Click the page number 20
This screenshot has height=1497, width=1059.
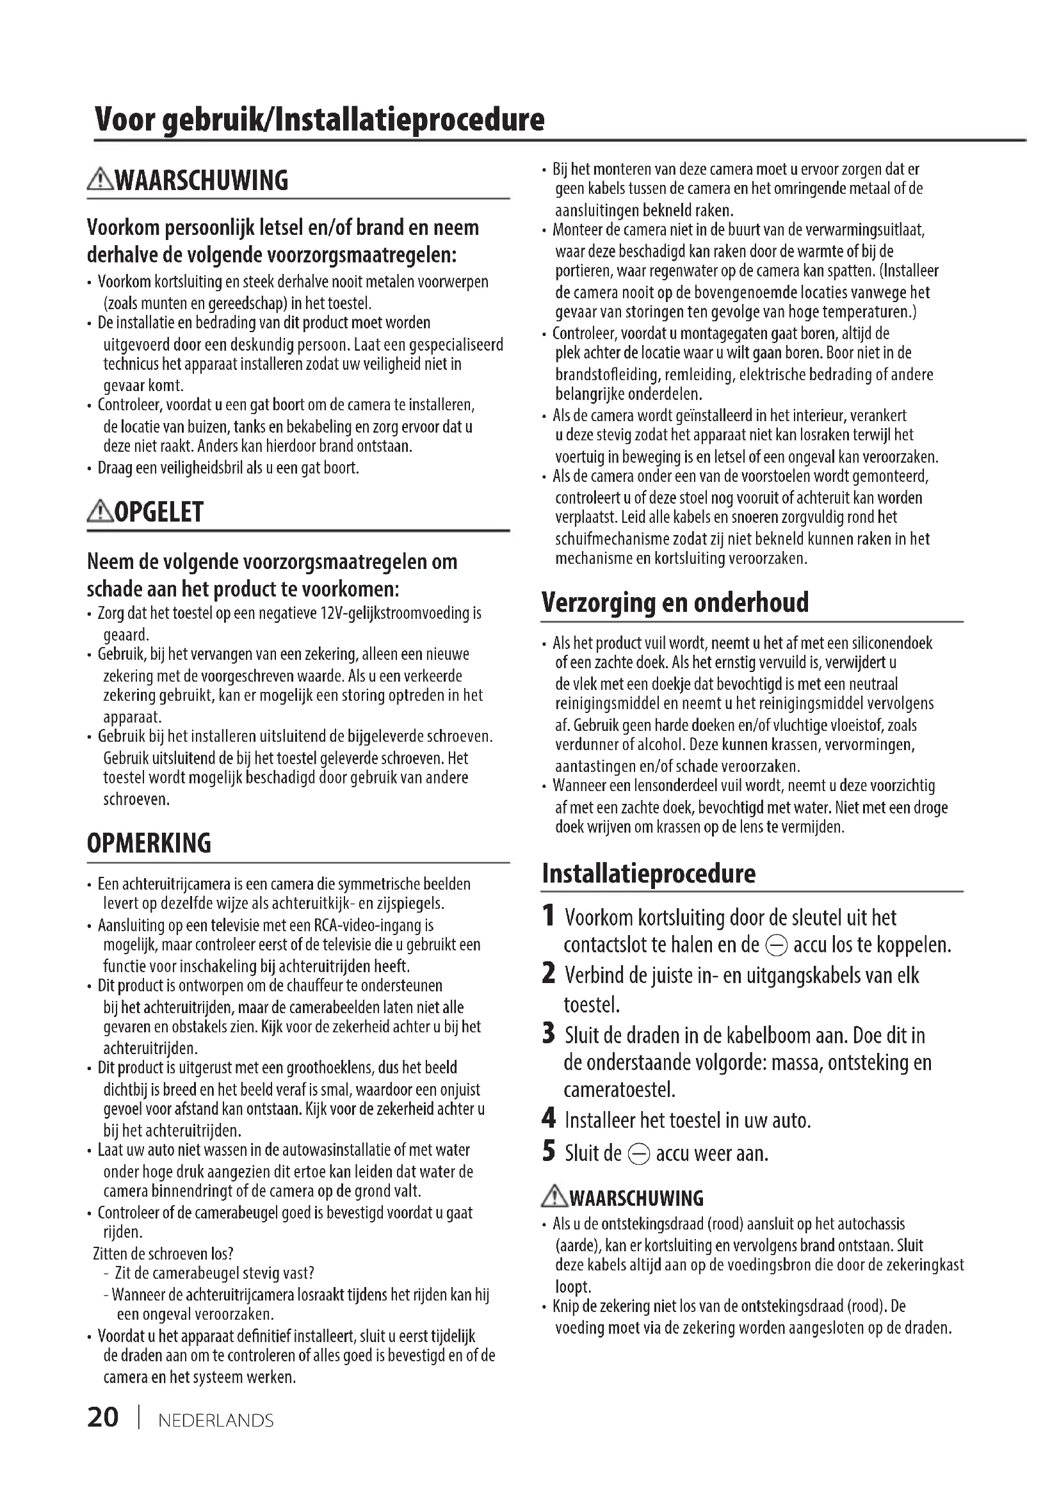[103, 1418]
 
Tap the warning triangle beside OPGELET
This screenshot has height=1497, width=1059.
[100, 512]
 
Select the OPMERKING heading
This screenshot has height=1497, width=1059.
[149, 843]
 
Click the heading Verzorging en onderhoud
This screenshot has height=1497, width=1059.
[675, 602]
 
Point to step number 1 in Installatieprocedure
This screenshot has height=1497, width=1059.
[549, 915]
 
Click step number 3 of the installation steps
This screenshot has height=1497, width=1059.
[549, 1034]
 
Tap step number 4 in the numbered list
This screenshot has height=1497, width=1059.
[549, 1119]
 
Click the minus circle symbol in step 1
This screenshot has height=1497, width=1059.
[777, 945]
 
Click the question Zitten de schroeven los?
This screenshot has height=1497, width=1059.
[163, 1254]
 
